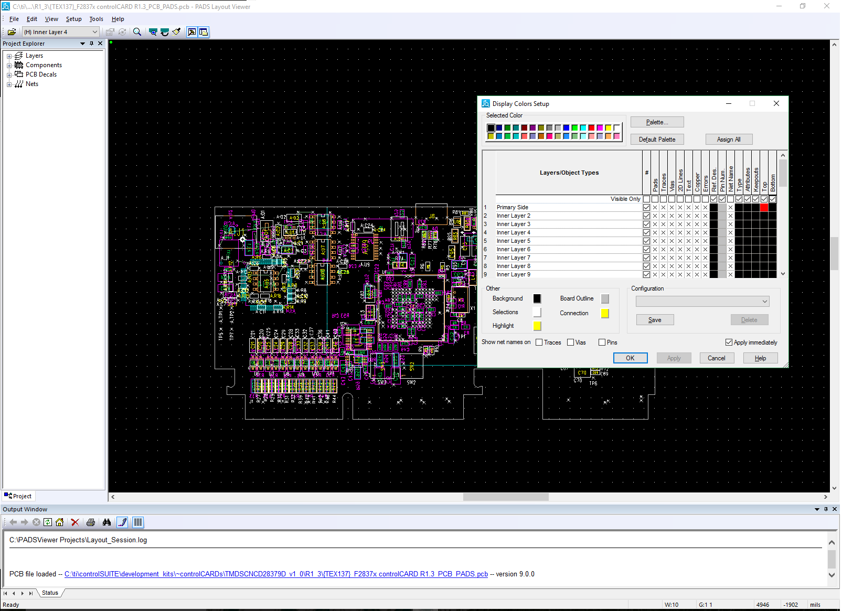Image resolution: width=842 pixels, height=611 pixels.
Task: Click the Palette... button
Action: (657, 122)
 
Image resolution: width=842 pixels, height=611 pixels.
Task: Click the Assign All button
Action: (728, 140)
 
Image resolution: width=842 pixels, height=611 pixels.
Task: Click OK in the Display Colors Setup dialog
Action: (630, 358)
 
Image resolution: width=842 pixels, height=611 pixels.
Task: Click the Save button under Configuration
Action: (655, 320)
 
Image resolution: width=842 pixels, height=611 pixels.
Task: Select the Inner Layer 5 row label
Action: (513, 241)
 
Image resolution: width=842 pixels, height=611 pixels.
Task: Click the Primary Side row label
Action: (512, 208)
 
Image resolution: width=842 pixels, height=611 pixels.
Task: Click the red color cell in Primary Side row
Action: (764, 208)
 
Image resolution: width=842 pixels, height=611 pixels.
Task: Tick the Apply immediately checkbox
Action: (729, 342)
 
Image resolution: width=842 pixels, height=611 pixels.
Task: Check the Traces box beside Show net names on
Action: (539, 342)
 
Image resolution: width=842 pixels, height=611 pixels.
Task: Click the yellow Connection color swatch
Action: (605, 314)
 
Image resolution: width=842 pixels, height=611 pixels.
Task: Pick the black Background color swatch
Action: (537, 299)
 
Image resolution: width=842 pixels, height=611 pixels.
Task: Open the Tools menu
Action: (96, 19)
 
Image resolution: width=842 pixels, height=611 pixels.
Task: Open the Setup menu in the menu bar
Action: (73, 19)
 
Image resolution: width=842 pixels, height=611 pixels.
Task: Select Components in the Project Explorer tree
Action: (44, 65)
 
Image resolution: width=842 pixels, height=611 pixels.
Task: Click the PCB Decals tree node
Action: (41, 74)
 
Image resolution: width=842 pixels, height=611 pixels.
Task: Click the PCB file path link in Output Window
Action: (276, 574)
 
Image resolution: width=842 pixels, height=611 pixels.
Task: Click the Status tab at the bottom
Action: (50, 593)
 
